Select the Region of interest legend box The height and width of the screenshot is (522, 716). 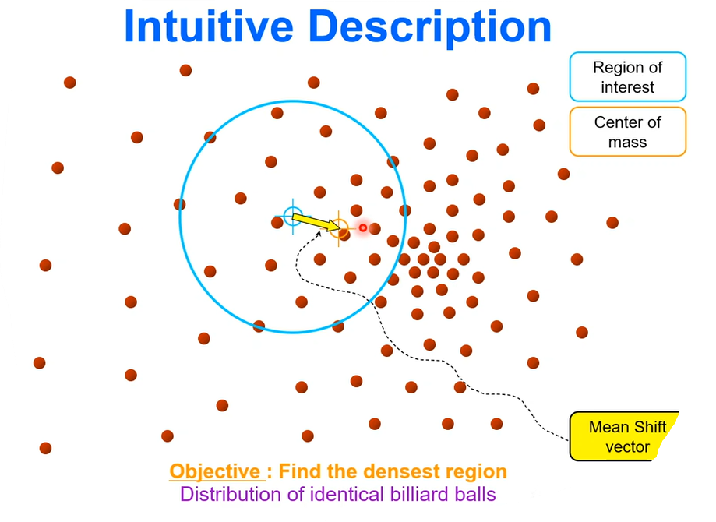tap(627, 77)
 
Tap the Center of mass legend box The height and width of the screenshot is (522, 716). tap(627, 132)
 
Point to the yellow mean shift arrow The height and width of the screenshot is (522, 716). tap(315, 222)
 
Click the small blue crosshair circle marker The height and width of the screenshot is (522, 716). tap(292, 216)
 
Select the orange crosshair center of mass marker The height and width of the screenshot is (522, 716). tap(339, 228)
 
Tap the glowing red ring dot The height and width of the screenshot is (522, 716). tap(362, 227)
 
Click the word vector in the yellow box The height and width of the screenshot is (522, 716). tap(627, 446)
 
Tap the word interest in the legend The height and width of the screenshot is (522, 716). tap(627, 87)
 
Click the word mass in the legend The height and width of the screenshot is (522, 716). tap(627, 142)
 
